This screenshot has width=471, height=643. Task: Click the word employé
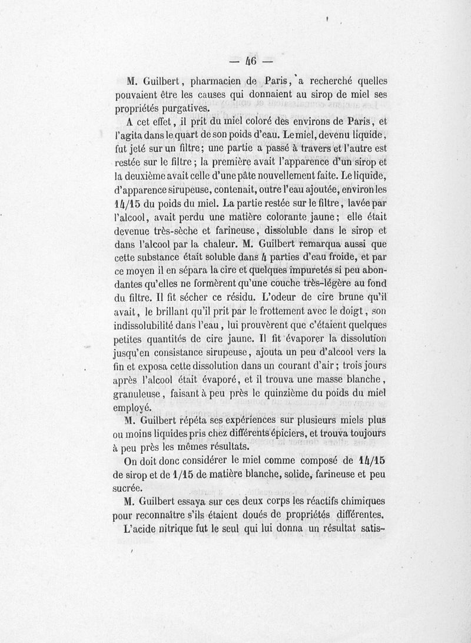click(132, 407)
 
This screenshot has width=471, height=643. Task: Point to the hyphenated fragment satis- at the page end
click(372, 529)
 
